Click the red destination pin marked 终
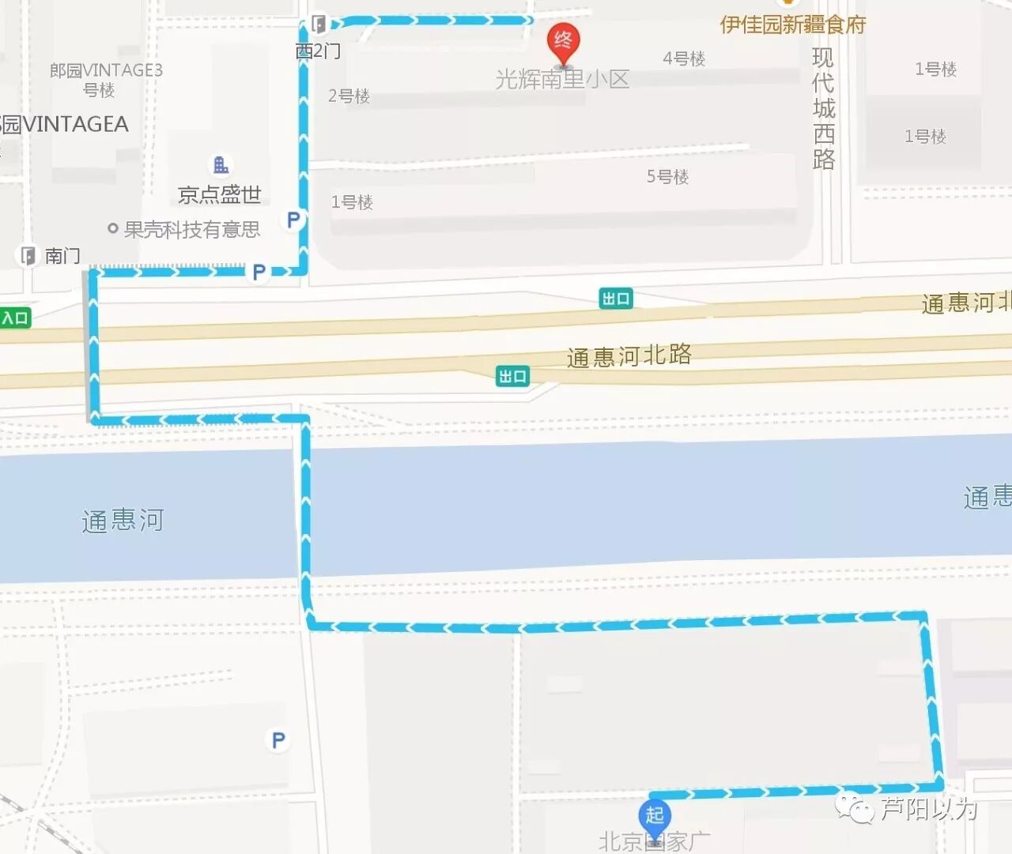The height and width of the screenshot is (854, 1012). pos(563,43)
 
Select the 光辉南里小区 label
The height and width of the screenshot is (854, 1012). pos(562,80)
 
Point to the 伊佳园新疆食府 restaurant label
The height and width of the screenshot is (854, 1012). pos(793,24)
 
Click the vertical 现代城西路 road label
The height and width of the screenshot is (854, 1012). pos(824,108)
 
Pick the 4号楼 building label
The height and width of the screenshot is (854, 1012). pos(684,58)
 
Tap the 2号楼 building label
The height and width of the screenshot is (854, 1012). pos(349,96)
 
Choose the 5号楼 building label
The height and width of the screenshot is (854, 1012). pos(667,176)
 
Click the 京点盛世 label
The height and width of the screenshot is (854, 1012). pos(220,194)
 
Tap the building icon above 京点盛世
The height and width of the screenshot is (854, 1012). pos(221,164)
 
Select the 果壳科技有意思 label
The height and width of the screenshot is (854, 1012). pos(192,229)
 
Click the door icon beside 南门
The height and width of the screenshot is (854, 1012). pos(28,255)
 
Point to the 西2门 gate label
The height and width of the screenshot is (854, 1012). pos(318,51)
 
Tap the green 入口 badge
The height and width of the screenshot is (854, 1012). pos(14,318)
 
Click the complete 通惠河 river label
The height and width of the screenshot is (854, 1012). pos(123,521)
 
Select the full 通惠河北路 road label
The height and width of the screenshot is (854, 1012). pos(629,356)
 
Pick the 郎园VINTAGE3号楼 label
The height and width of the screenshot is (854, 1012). pos(106,80)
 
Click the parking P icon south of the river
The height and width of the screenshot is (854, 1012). pos(278,740)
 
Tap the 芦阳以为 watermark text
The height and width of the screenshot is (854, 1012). pos(929,808)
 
